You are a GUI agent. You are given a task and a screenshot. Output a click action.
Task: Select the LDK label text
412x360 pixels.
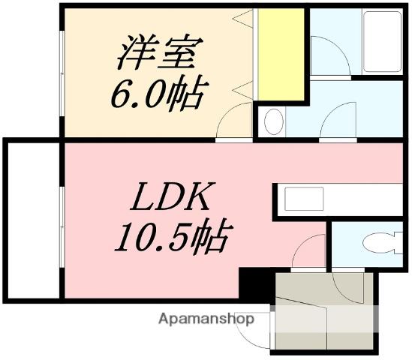(172, 200)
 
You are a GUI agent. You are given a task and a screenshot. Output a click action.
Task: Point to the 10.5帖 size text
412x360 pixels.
(171, 239)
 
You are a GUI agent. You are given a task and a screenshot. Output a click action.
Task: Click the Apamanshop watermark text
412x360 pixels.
(206, 319)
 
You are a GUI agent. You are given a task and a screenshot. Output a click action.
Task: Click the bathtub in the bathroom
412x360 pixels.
(383, 42)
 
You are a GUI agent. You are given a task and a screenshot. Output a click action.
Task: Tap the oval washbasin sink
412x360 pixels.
(274, 119)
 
